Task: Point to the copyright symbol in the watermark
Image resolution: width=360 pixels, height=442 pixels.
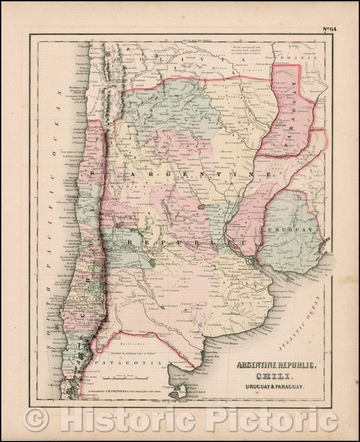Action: pos(35,419)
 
